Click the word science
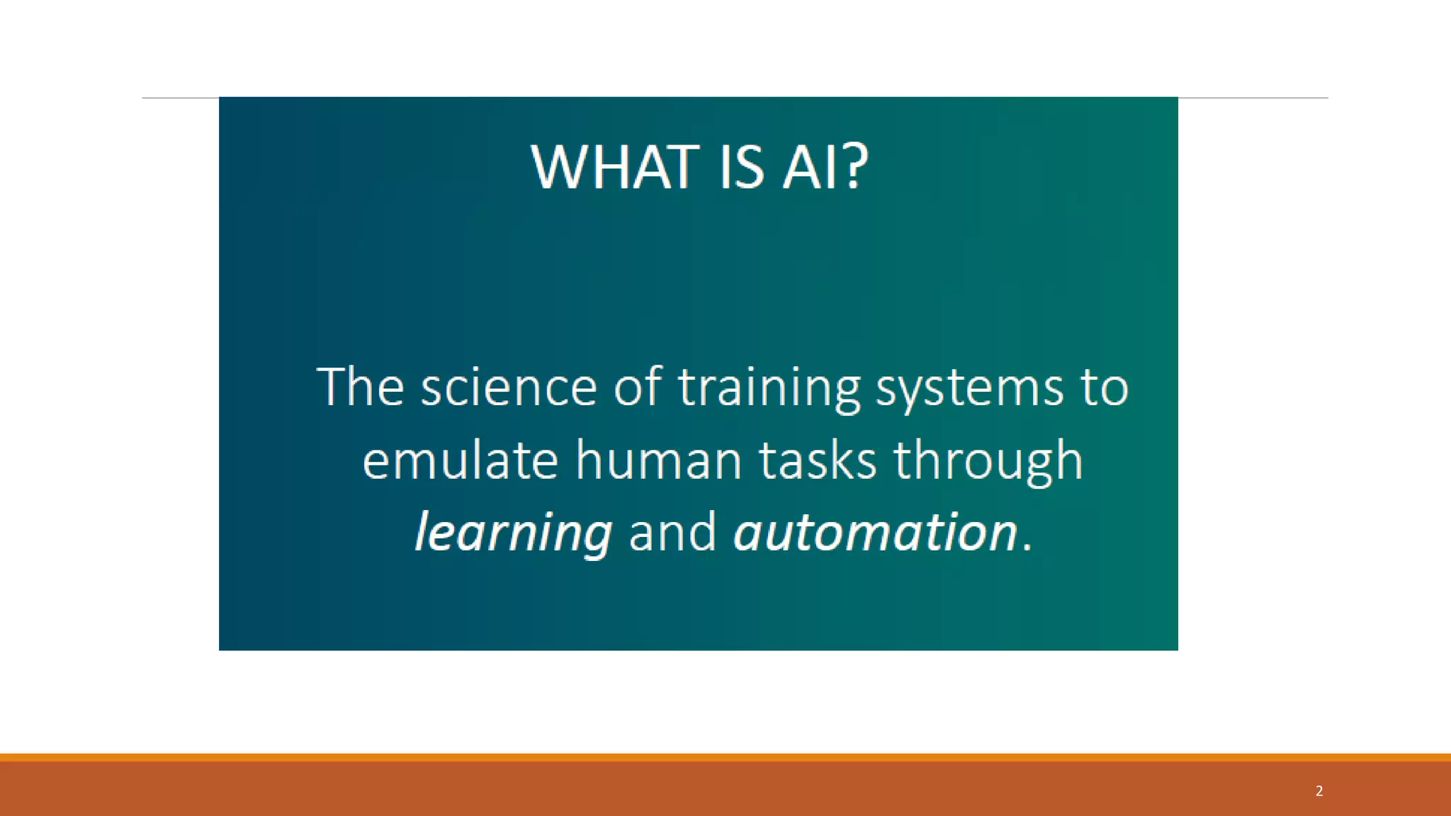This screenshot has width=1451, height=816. (509, 388)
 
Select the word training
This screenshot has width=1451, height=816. (769, 388)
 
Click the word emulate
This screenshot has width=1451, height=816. (461, 460)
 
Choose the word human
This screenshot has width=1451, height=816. (659, 460)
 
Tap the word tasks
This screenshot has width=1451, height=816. (818, 460)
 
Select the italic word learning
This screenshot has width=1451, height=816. (513, 533)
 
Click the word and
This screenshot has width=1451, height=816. (672, 533)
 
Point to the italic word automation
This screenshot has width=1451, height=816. (876, 533)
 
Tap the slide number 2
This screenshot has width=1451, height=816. (1319, 791)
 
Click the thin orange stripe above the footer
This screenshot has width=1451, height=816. (725, 757)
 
